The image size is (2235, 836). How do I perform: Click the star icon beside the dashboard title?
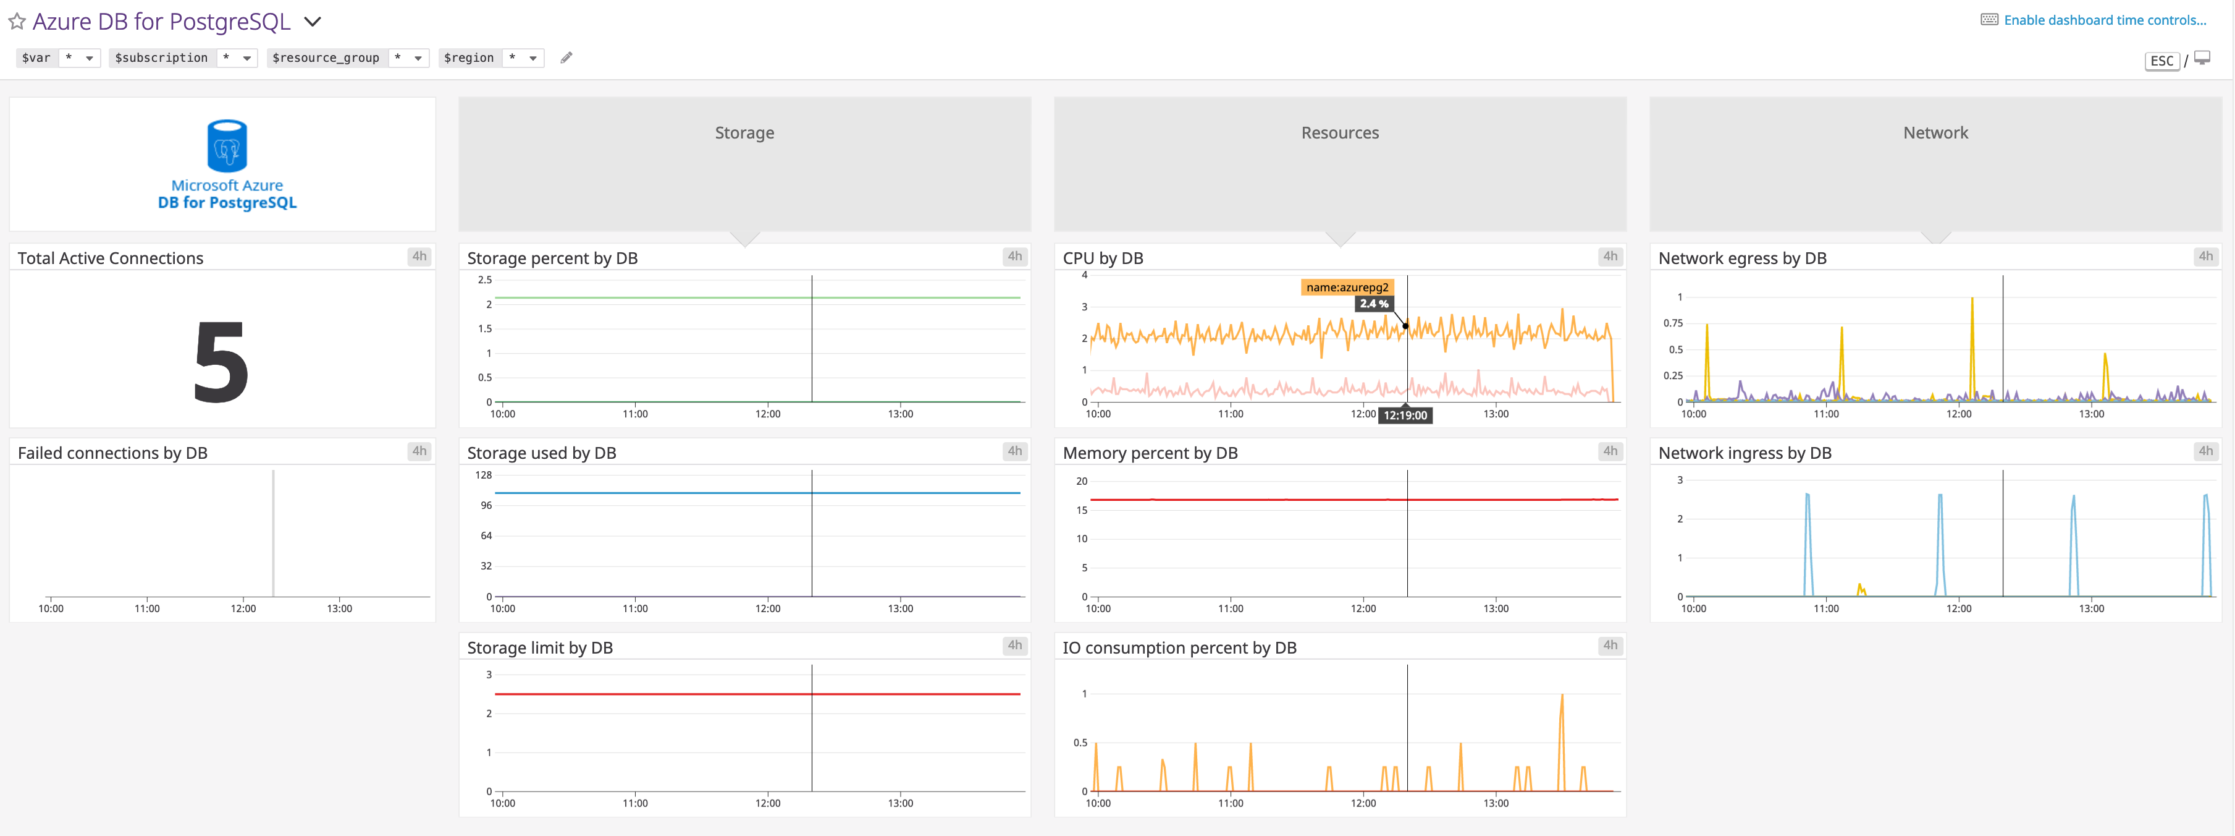point(17,21)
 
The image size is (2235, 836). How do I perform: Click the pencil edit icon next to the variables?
point(566,58)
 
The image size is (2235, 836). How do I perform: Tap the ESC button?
point(2161,61)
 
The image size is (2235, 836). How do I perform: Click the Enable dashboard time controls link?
point(2104,20)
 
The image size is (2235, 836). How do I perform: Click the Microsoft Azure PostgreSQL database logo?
point(227,146)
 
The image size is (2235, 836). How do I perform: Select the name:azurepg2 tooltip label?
point(1347,288)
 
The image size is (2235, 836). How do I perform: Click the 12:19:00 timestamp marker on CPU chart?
point(1405,416)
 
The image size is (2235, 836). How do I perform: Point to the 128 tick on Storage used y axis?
point(483,475)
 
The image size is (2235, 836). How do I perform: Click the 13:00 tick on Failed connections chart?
point(339,608)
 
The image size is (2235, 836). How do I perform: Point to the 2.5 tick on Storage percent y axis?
point(484,279)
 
